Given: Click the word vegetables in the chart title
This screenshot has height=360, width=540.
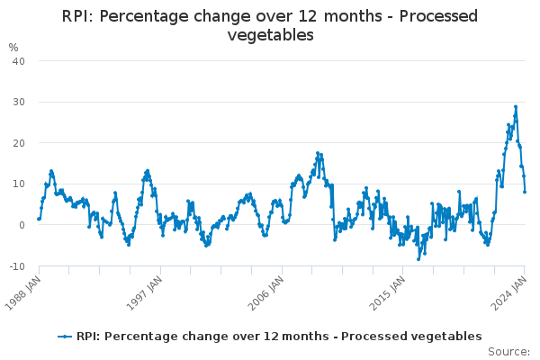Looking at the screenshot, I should (270, 35).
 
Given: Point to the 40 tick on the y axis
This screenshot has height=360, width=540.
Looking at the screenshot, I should (17, 60).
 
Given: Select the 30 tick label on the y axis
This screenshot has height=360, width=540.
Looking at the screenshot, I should (17, 102).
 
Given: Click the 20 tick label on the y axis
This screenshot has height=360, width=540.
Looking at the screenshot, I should (17, 143).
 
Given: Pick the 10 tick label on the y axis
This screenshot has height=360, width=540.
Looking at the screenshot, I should (17, 184).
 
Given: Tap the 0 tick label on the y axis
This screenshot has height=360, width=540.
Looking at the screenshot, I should (21, 225).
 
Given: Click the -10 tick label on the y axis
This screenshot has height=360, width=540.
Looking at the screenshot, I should (15, 266).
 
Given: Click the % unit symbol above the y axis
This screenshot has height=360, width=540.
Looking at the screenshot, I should (13, 47).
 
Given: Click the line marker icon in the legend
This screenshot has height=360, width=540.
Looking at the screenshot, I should (65, 337).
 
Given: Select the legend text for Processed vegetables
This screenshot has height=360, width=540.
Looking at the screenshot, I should (279, 337).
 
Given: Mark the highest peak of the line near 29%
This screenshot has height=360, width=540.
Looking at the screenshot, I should (516, 106).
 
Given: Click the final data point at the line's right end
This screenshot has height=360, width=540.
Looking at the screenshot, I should (525, 191).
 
